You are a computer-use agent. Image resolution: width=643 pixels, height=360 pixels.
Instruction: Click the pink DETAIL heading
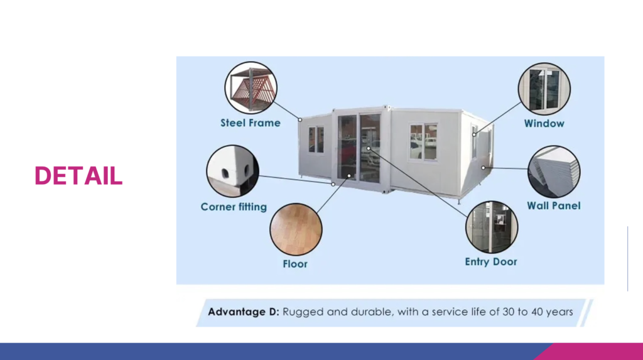(x=78, y=176)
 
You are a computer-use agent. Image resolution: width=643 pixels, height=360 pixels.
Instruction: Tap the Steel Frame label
(x=251, y=123)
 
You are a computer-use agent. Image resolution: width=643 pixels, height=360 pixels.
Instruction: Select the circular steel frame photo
(x=251, y=87)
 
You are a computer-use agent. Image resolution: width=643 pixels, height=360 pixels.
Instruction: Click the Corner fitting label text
(x=234, y=207)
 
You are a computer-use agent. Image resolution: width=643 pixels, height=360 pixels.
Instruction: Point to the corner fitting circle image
(x=232, y=171)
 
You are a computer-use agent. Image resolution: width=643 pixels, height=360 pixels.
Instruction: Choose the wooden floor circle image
(x=296, y=229)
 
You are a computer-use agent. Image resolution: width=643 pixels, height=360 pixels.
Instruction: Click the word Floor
(x=295, y=264)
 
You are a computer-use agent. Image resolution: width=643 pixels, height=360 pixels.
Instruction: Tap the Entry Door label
(x=491, y=262)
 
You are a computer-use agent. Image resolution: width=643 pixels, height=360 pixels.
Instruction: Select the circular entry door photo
(x=492, y=227)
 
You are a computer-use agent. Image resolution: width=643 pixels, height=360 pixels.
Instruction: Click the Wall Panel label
(x=554, y=205)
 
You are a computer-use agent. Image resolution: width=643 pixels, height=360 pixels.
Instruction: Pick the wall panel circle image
(x=554, y=172)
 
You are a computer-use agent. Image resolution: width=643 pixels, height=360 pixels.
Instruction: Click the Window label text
(x=544, y=124)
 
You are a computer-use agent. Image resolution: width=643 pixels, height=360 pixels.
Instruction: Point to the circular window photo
(x=544, y=89)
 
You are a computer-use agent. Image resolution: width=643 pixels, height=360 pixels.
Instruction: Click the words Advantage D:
(x=244, y=312)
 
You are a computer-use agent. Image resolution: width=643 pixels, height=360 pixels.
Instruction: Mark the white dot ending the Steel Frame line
(x=300, y=120)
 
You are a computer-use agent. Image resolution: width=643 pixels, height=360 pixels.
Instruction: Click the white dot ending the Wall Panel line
(x=484, y=168)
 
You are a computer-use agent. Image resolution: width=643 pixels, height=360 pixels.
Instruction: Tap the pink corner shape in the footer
(x=595, y=352)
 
